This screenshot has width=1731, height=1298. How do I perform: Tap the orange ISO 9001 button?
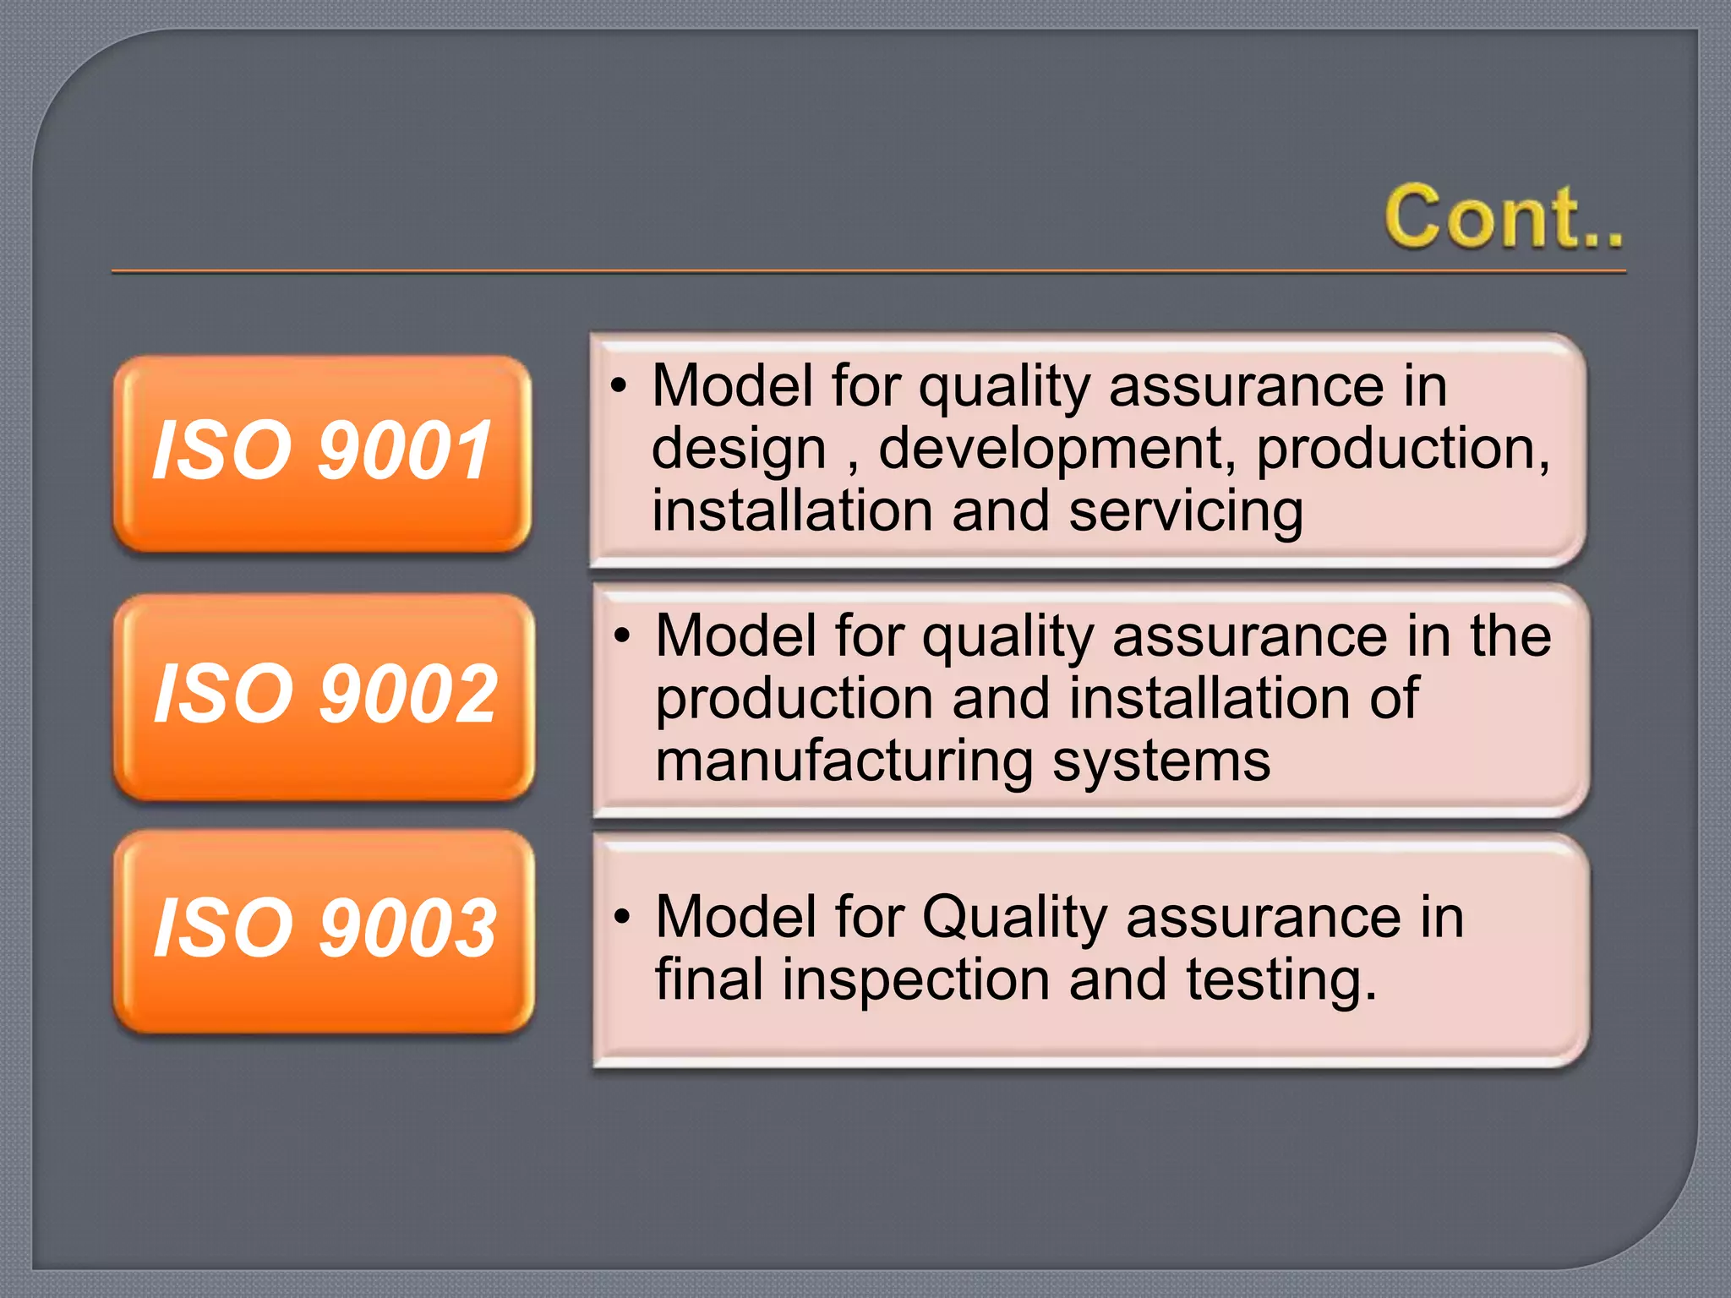coord(322,454)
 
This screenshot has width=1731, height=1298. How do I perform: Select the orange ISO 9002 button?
coord(324,695)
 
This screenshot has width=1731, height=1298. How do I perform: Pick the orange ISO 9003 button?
coord(324,930)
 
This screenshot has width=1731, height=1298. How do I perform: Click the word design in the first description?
coord(738,449)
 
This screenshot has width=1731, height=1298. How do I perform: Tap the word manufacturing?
coord(844,761)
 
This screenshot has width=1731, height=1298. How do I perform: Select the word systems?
coord(1161,761)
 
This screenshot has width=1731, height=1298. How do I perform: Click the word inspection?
coord(915,979)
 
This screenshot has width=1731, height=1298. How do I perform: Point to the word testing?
coord(1281,979)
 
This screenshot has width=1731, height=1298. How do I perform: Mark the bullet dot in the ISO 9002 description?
coord(623,635)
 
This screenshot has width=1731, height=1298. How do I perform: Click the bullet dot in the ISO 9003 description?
coord(623,917)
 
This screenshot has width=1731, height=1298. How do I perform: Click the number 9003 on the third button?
coord(409,929)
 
